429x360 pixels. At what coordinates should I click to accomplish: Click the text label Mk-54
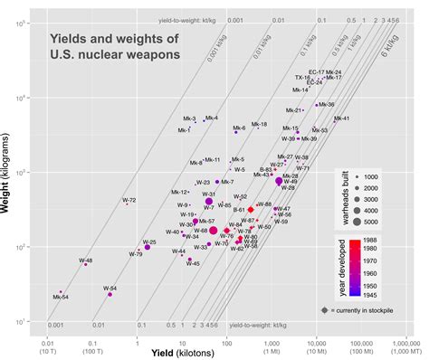point(61,298)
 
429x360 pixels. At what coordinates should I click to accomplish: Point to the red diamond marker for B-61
point(251,209)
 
